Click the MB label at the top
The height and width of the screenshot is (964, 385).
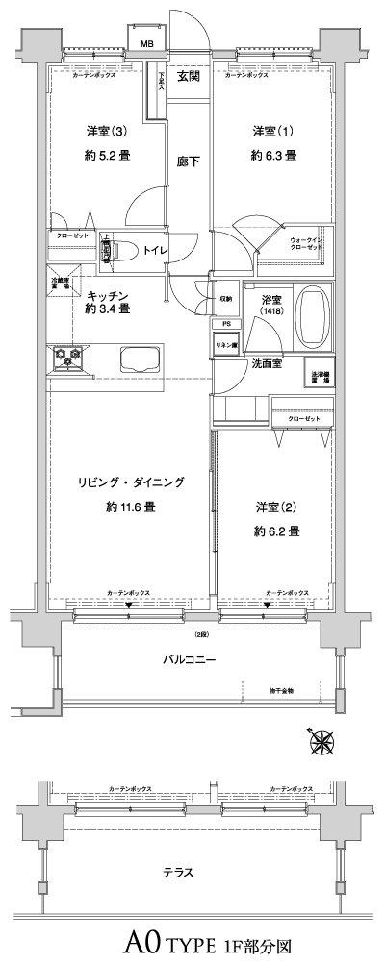click(x=147, y=43)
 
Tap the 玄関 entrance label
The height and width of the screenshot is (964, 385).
click(x=189, y=76)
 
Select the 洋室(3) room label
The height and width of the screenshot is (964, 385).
click(x=96, y=131)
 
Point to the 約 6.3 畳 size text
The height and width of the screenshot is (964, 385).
click(x=273, y=155)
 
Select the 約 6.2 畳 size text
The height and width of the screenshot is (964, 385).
click(x=276, y=531)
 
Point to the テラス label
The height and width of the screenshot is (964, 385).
click(x=179, y=873)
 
